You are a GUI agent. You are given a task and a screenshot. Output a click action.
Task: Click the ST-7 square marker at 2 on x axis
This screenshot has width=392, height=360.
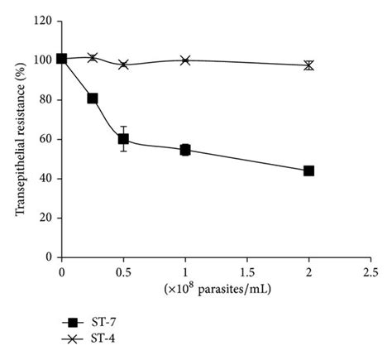click(308, 170)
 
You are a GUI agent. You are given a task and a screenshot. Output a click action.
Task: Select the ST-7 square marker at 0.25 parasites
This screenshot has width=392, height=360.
click(93, 98)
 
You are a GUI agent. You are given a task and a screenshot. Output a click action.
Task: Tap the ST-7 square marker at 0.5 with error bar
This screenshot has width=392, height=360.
click(123, 139)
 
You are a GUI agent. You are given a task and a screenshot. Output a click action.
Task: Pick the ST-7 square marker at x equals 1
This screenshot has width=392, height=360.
click(185, 150)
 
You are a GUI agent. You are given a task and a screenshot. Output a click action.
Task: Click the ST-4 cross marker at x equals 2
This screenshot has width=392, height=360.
click(308, 65)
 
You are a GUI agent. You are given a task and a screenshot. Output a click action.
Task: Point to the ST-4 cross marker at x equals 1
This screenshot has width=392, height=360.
click(185, 60)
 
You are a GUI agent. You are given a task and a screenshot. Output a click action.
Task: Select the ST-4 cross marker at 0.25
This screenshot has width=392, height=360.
click(93, 57)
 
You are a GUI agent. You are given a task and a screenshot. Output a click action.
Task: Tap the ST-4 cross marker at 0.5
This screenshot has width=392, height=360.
click(123, 64)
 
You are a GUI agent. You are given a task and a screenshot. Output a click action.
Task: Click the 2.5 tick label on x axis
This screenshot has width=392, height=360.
click(370, 271)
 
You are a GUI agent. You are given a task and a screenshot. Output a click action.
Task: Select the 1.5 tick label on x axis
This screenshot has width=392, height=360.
click(246, 271)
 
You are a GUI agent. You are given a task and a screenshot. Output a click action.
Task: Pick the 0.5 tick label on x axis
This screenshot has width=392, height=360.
click(123, 271)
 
